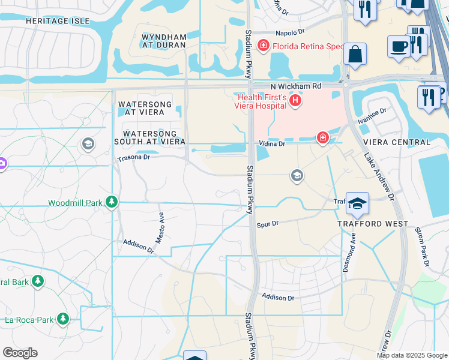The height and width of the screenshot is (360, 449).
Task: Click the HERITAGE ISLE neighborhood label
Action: (58, 21)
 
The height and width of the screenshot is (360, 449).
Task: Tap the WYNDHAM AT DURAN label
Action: (163, 41)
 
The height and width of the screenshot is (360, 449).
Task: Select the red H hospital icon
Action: (295, 101)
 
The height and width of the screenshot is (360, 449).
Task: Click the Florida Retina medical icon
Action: (262, 46)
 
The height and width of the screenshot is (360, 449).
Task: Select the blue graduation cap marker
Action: (357, 204)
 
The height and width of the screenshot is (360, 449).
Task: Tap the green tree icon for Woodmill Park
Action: (111, 203)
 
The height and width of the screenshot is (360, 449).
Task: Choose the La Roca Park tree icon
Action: (62, 319)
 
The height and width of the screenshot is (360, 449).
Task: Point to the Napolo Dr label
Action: (291, 33)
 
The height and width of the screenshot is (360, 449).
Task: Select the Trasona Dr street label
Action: (132, 157)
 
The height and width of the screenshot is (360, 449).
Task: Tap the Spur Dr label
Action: (268, 224)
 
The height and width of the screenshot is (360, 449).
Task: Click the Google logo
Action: (20, 353)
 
